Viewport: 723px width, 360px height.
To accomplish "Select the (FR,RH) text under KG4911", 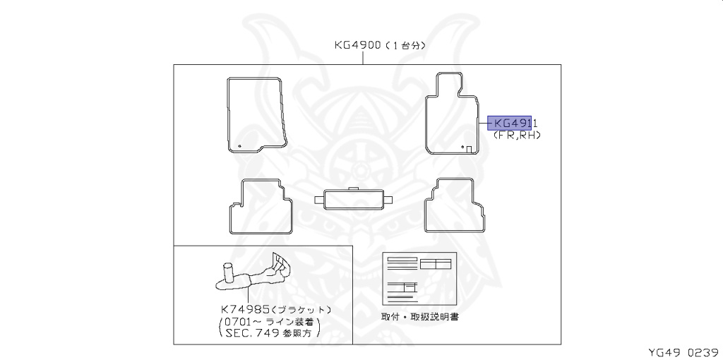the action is click(x=516, y=134).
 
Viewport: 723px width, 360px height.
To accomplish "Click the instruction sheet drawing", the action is click(x=417, y=279).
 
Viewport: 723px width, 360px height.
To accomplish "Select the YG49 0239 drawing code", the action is click(x=683, y=351).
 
